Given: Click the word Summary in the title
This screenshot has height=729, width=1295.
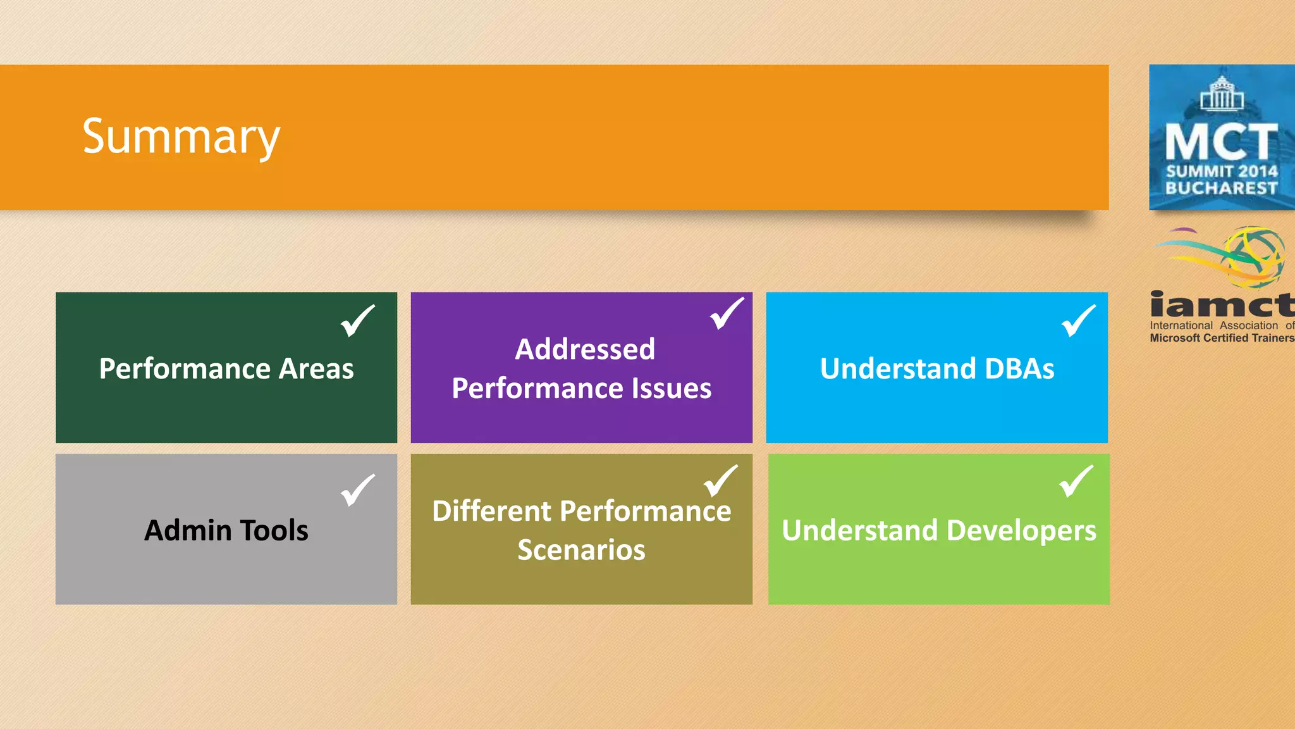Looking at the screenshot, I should coord(181,137).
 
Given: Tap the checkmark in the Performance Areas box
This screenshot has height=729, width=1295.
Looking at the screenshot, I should coord(357,321).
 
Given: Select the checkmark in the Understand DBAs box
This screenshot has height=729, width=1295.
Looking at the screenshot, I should coord(1078,321).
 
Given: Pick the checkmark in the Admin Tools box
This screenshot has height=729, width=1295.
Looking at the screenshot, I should coord(357,490).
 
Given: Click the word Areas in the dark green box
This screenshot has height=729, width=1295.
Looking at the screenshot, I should coord(317,369).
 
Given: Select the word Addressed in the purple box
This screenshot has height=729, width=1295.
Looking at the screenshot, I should coord(585,349).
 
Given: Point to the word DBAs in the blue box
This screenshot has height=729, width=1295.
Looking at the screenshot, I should coord(1019,369).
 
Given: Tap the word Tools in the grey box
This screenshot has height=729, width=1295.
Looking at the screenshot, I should coord(274,530).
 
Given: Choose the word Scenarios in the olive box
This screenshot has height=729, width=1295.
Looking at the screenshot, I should coord(581,550).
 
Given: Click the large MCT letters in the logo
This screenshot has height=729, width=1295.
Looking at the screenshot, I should coord(1221,142).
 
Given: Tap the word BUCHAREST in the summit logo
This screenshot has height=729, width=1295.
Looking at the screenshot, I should coord(1221,188).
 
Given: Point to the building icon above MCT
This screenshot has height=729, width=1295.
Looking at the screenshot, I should coord(1222,94).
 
